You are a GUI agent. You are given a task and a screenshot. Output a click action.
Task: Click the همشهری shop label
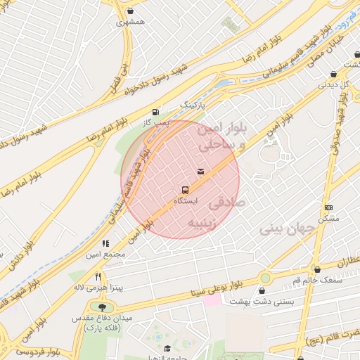click(x=131, y=22)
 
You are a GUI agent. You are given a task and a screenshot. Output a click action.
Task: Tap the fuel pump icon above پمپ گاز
click(x=155, y=111)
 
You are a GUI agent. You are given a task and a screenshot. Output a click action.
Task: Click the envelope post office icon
click(x=202, y=171)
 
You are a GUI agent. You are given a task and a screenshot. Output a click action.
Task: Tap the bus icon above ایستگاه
click(x=185, y=190)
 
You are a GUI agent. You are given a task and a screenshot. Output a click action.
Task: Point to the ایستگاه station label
click(x=186, y=201)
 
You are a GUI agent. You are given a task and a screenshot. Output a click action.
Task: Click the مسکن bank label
click(x=328, y=219)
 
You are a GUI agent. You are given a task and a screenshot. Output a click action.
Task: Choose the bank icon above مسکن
click(x=328, y=207)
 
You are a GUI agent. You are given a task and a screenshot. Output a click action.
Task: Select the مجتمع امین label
click(x=106, y=254)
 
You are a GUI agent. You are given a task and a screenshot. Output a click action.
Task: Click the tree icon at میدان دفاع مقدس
click(x=104, y=307)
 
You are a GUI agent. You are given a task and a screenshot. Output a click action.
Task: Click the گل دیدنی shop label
click(x=335, y=84)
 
